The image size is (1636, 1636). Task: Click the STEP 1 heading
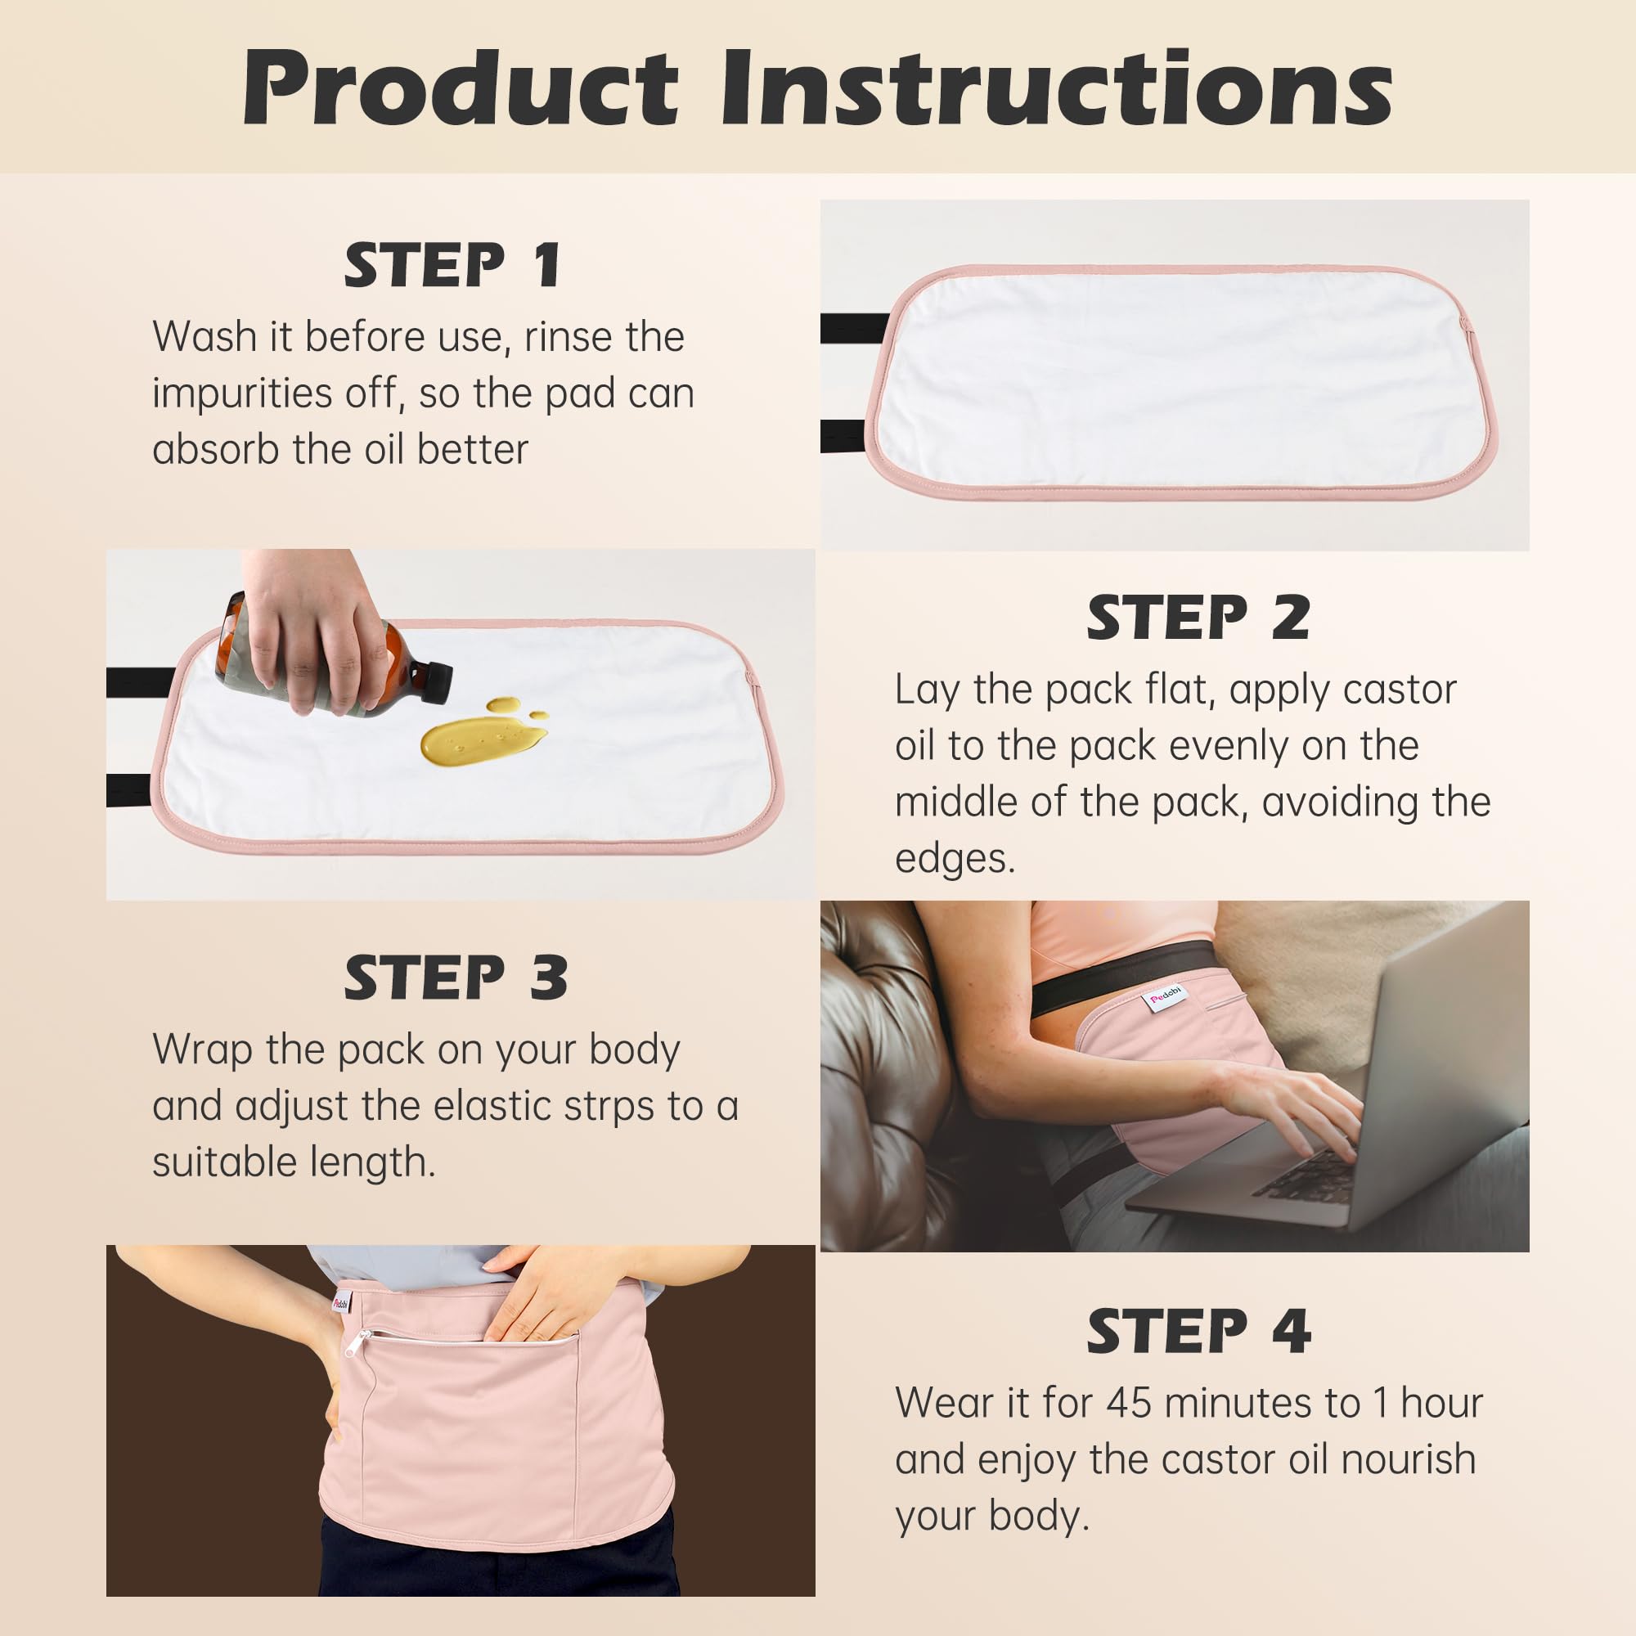click(x=452, y=265)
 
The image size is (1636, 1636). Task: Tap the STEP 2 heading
click(x=1198, y=618)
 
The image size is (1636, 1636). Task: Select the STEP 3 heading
click(x=456, y=979)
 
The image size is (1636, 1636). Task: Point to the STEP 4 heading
click(x=1198, y=1331)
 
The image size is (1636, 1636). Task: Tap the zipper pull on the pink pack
click(x=361, y=1343)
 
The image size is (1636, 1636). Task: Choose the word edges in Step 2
click(x=954, y=859)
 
